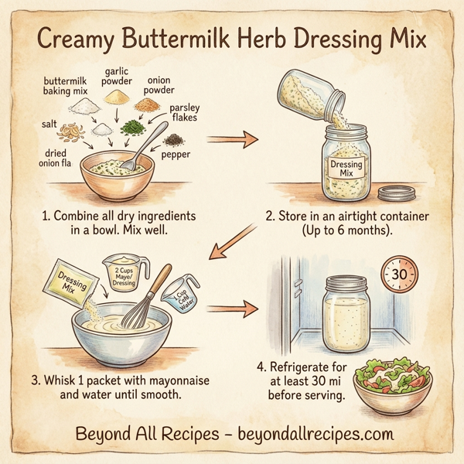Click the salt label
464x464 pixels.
[x=48, y=124]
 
